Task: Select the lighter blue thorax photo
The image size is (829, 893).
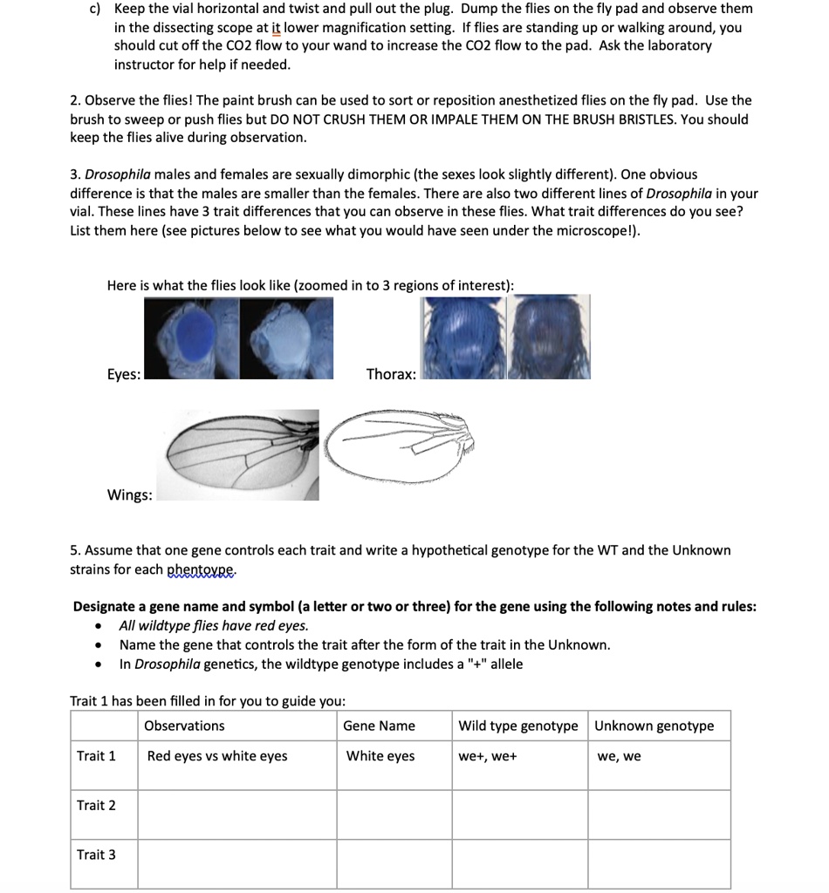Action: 462,337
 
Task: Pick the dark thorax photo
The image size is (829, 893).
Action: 550,337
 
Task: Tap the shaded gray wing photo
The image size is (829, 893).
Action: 237,454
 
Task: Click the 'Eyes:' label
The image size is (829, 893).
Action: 123,374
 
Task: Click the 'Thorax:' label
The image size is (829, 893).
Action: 391,374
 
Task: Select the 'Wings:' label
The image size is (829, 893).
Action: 129,495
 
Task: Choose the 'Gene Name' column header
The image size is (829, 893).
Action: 379,726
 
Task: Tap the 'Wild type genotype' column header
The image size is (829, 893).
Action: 518,726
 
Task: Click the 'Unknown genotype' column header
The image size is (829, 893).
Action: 654,726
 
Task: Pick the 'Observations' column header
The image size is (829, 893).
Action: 184,726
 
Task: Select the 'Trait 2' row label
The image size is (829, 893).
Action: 96,805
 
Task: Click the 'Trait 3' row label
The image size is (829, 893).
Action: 96,855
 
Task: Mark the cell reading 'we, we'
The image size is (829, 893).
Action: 619,756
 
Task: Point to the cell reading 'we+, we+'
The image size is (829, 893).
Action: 488,756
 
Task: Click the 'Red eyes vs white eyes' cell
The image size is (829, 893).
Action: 217,756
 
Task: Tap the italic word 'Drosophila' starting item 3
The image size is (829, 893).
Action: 116,174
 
